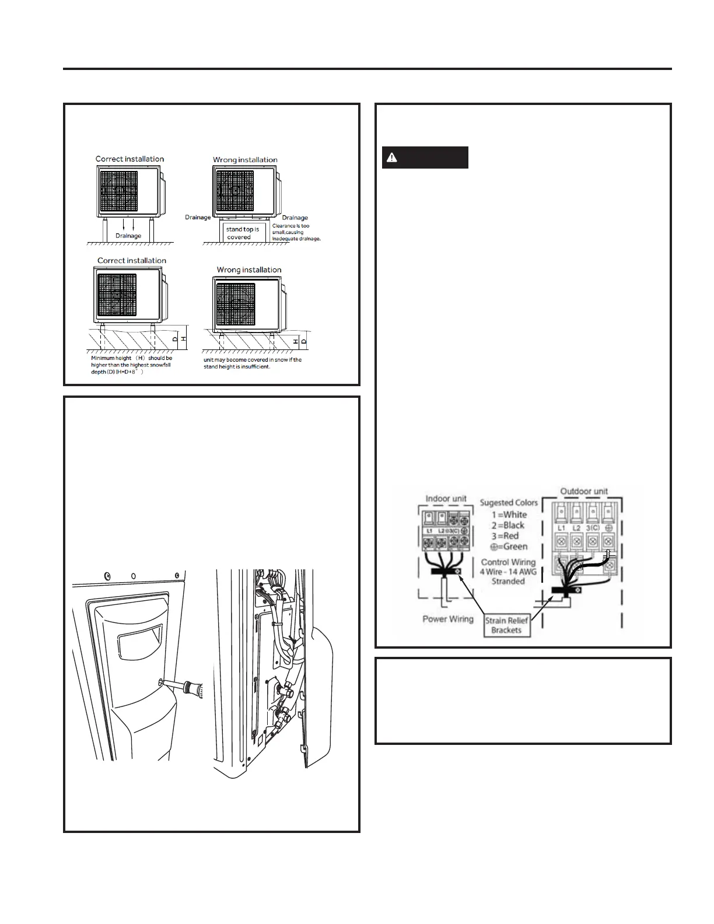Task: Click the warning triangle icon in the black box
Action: (x=392, y=157)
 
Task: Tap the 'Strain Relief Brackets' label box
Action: (x=506, y=625)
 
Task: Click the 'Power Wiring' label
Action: (x=448, y=619)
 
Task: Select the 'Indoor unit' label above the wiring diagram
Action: (x=446, y=499)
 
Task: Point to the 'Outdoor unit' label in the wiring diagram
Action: (x=584, y=492)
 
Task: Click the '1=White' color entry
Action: (x=509, y=514)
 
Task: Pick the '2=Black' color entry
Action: (x=508, y=525)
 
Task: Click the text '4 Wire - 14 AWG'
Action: (x=508, y=572)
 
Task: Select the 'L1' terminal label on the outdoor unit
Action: (x=561, y=527)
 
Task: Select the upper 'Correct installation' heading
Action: (x=129, y=159)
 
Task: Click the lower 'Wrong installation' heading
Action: (x=249, y=269)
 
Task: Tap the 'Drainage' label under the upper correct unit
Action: (x=128, y=236)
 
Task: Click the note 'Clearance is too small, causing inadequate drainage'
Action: (x=296, y=232)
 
